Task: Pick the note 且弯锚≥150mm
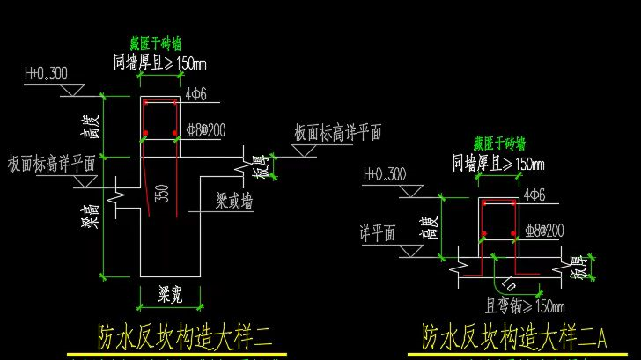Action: (x=525, y=306)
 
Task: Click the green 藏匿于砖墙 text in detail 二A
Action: (x=498, y=143)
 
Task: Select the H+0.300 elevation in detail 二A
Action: (x=384, y=173)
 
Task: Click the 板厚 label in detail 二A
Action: (x=578, y=267)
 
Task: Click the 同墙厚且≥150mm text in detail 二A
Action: (x=498, y=163)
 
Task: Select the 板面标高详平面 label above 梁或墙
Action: (x=337, y=131)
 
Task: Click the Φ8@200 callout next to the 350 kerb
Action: (x=207, y=130)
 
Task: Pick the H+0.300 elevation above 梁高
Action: (x=46, y=73)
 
